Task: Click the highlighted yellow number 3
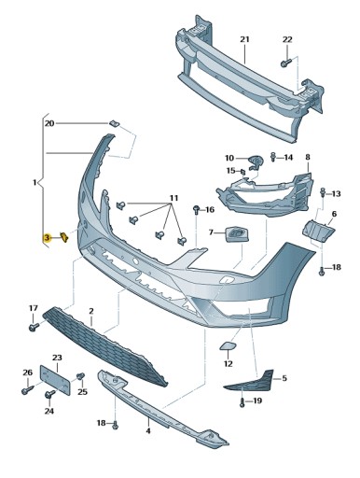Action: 47,239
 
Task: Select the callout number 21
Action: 244,39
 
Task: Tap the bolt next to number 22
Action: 286,62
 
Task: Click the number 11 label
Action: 173,200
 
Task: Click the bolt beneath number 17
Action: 34,328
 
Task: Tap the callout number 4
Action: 147,431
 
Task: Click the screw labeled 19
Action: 242,402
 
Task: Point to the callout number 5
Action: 284,378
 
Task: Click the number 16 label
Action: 210,211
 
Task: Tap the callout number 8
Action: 307,158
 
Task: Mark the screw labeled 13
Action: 323,192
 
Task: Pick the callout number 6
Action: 333,214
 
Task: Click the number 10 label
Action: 229,159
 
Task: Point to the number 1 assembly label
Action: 35,182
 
